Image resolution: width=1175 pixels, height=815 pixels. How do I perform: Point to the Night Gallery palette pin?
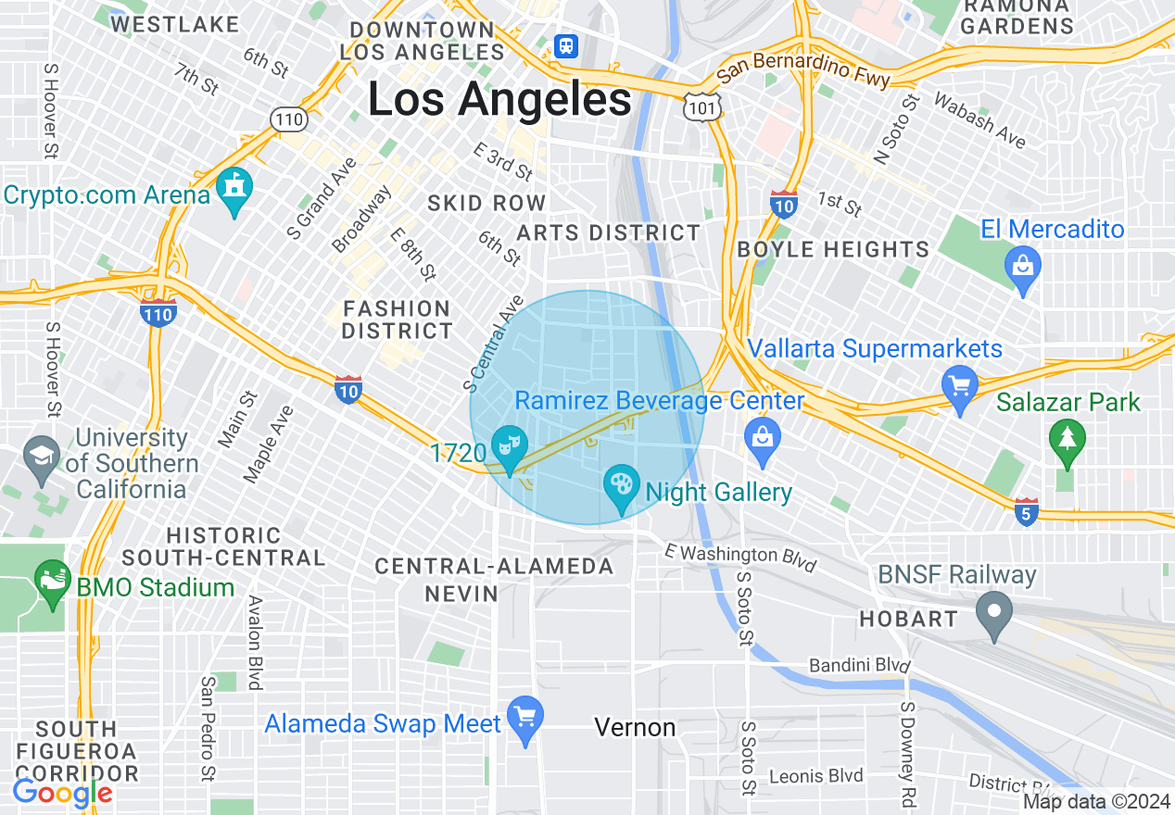click(x=621, y=486)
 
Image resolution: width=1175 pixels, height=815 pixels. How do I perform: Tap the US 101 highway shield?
click(x=699, y=107)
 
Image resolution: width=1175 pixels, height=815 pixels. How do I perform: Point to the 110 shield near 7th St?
click(x=288, y=118)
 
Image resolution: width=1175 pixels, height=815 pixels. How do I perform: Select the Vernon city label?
click(x=635, y=728)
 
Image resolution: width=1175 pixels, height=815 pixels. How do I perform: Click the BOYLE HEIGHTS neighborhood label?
click(x=833, y=249)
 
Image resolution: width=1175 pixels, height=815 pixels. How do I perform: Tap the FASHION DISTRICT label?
click(x=397, y=320)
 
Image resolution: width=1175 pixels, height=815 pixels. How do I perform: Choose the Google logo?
click(x=62, y=793)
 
